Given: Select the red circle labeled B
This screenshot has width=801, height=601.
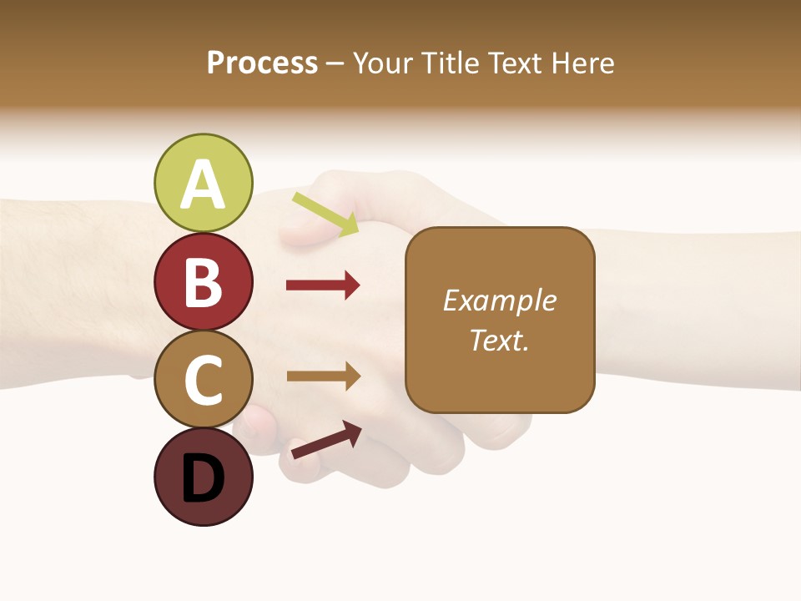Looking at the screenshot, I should point(204,281).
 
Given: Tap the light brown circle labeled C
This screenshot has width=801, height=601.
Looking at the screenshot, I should point(204,379).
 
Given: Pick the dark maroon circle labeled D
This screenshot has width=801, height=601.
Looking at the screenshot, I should point(204,477).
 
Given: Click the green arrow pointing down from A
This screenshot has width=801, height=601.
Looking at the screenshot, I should point(325,214).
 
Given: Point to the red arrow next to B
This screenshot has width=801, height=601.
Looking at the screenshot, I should point(323,285).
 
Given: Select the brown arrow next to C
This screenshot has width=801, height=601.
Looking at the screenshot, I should point(323,376).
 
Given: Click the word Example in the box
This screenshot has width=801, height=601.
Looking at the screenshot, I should point(500,300).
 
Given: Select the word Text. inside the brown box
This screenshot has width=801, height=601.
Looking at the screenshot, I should point(500,341).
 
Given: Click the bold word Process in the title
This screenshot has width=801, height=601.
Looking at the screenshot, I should point(262,63).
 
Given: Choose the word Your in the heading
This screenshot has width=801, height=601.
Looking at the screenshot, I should point(380,63).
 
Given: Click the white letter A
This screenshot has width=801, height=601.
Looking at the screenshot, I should point(204,185).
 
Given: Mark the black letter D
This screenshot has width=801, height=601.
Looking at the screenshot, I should point(204,480).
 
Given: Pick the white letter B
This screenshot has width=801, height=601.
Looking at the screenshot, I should point(204,283).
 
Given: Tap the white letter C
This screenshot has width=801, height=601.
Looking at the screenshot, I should point(204,381).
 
